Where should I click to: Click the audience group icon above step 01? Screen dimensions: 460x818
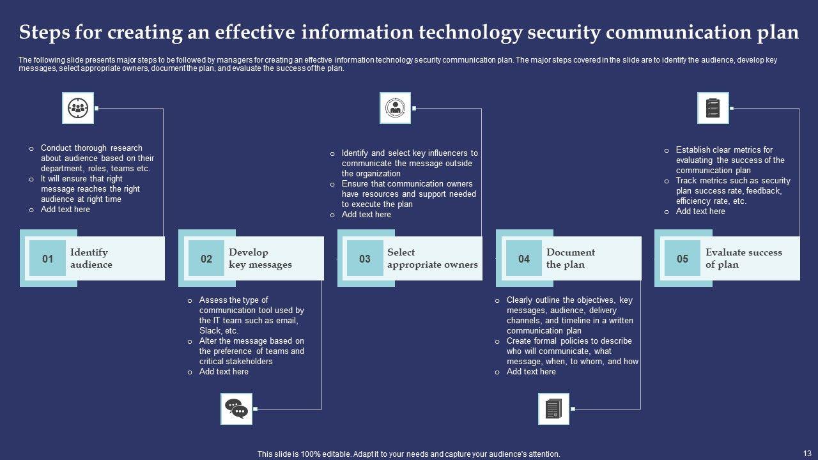pos(78,108)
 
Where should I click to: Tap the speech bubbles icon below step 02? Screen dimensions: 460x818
pos(236,409)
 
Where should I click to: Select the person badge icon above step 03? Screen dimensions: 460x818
pos(396,108)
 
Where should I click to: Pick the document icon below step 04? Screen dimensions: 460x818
pos(553,409)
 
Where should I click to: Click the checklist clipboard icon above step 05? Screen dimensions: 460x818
pos(713,108)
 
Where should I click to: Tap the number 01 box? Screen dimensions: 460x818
pos(48,259)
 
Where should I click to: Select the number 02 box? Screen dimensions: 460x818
pos(206,259)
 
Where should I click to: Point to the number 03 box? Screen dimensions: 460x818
pos(365,259)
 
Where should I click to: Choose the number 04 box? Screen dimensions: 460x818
pos(524,259)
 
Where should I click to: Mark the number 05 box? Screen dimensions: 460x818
pos(683,259)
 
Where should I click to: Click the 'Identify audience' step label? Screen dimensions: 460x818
pos(91,258)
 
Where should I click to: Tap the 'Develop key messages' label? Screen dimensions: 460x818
pos(260,258)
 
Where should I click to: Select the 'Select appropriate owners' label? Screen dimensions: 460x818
pos(432,258)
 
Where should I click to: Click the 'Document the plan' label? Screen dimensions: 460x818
pos(570,258)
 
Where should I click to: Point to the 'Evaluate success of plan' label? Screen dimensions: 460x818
pos(743,258)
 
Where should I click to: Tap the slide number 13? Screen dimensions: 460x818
pos(806,452)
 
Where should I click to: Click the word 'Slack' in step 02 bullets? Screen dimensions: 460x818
pos(210,331)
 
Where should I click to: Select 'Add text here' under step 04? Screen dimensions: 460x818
pos(531,372)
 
